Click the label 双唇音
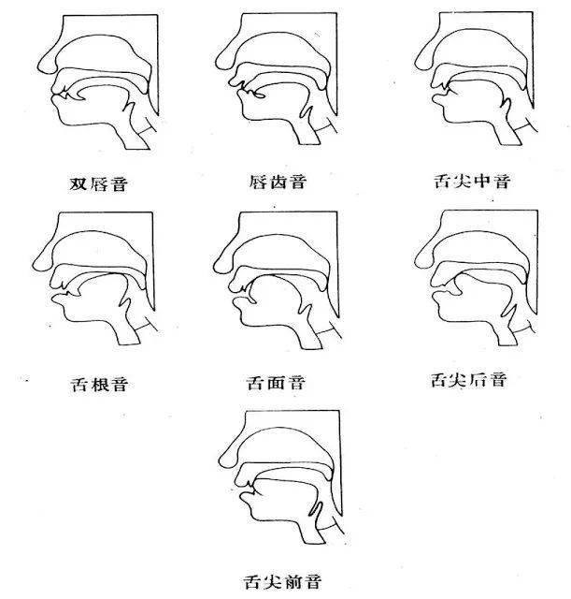click(x=98, y=183)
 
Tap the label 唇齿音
click(x=278, y=182)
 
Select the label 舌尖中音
click(x=472, y=181)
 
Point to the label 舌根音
click(x=98, y=384)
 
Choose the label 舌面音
click(x=276, y=383)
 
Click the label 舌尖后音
click(x=469, y=380)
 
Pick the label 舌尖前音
click(x=282, y=582)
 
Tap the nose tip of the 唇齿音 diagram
click(x=216, y=64)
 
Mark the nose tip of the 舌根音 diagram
click(x=34, y=265)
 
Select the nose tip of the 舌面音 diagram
click(x=214, y=267)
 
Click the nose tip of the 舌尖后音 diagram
click(x=415, y=262)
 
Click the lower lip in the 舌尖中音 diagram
click(x=438, y=99)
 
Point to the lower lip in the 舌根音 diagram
click(x=58, y=299)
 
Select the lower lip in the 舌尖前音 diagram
click(x=245, y=497)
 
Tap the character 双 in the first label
click(x=79, y=184)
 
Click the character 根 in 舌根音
click(x=99, y=384)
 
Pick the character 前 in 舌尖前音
click(x=293, y=582)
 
